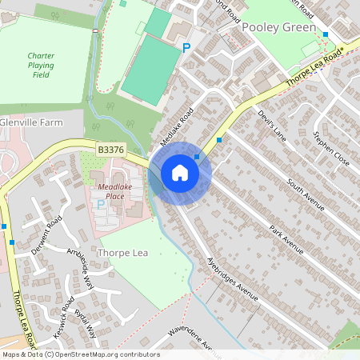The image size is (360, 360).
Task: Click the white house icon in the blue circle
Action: (180, 172)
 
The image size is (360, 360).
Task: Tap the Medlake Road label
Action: (176, 126)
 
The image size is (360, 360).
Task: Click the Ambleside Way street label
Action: (81, 267)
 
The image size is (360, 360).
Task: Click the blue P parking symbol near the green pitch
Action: (186, 48)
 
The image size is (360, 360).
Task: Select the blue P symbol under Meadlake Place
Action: (101, 205)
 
